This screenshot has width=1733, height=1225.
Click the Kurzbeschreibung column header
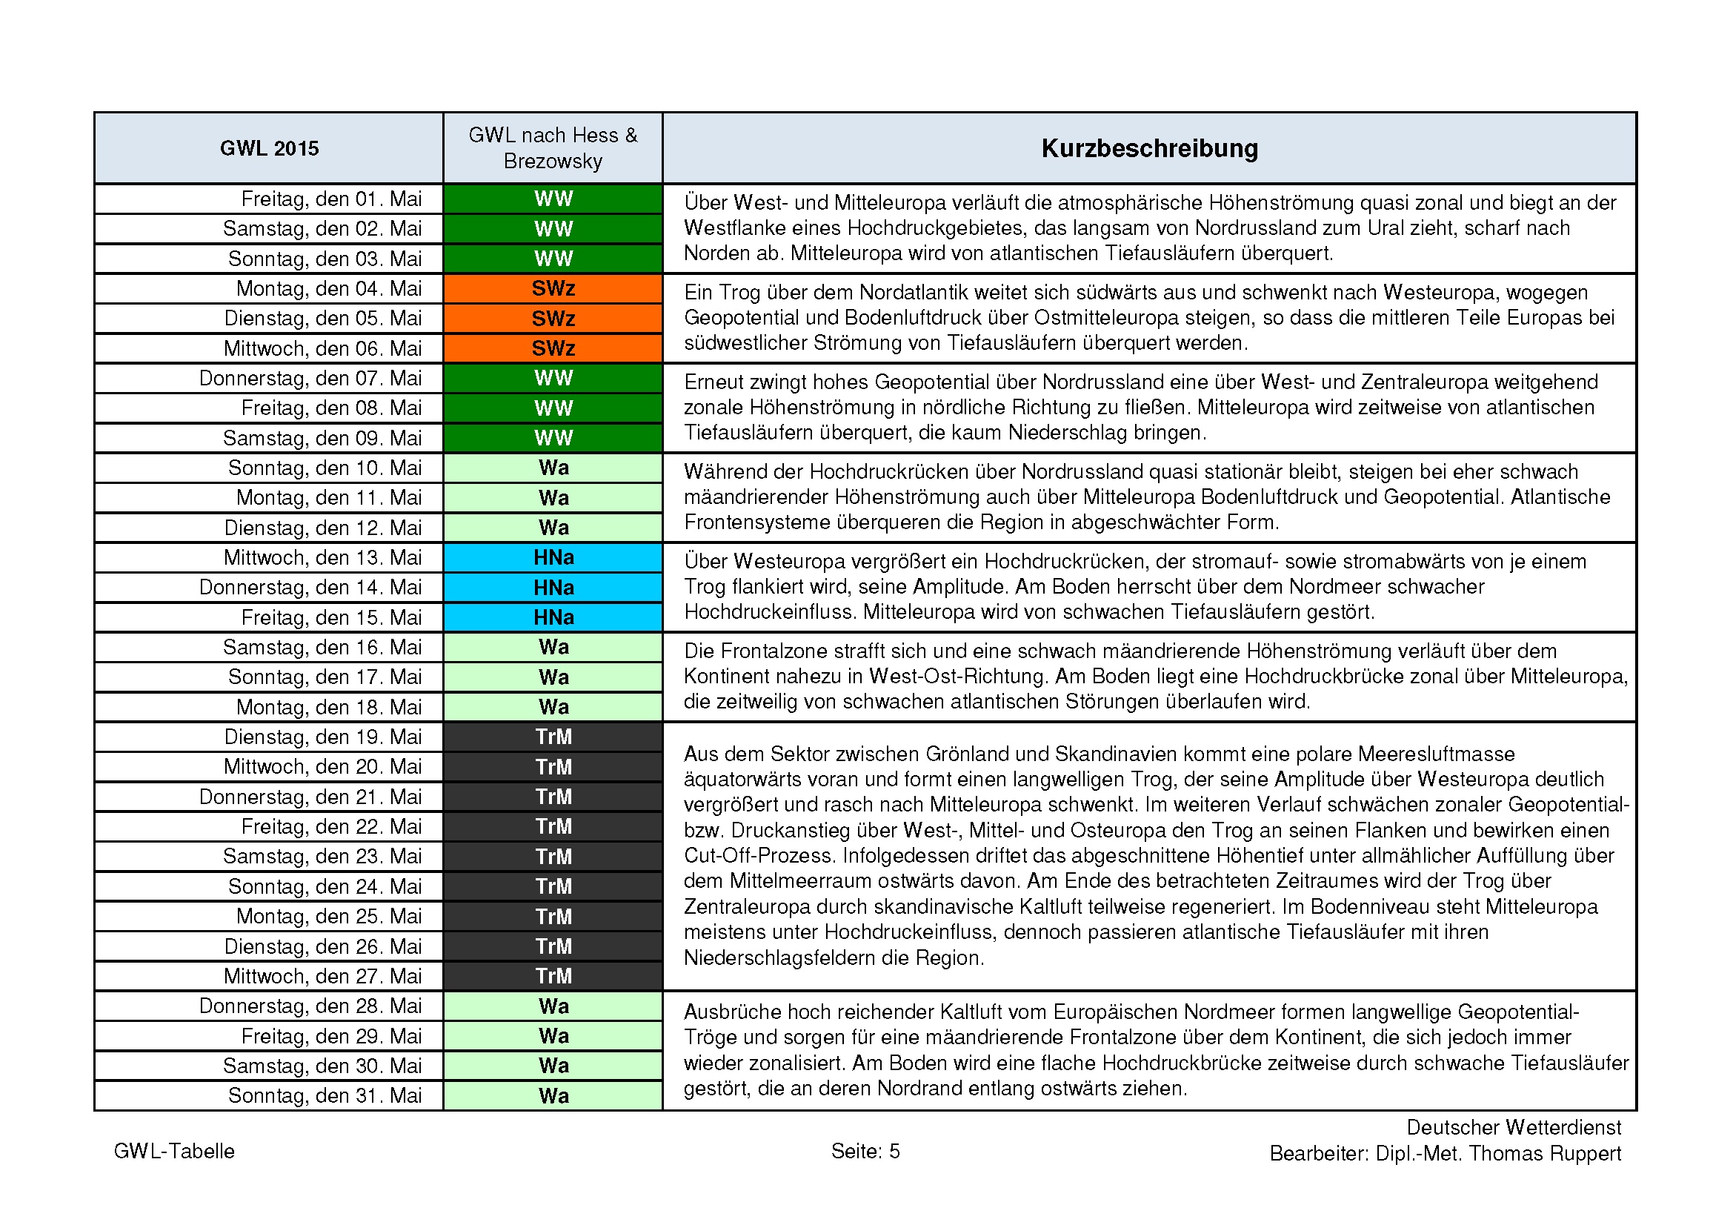click(1149, 149)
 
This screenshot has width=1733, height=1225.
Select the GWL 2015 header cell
click(269, 149)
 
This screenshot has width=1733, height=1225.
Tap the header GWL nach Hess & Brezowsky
click(553, 148)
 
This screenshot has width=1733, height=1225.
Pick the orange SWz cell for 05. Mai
click(553, 319)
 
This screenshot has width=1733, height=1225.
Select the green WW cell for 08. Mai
click(553, 408)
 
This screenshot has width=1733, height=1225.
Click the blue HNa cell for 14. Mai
click(553, 588)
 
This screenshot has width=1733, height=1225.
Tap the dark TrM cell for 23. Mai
click(553, 857)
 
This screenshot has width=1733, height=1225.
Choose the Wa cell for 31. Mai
click(553, 1096)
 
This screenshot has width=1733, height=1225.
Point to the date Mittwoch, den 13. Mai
click(322, 558)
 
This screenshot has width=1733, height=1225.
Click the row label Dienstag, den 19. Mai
click(322, 737)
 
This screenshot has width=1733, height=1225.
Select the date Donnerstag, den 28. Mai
click(310, 1006)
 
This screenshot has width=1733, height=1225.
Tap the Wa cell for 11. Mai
click(553, 498)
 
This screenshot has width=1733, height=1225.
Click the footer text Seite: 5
click(865, 1151)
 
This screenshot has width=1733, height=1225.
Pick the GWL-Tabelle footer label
click(173, 1151)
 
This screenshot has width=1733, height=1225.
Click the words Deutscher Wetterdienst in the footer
click(1514, 1128)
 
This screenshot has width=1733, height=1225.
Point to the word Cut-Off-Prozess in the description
click(760, 856)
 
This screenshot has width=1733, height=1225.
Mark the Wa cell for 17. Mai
click(553, 678)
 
